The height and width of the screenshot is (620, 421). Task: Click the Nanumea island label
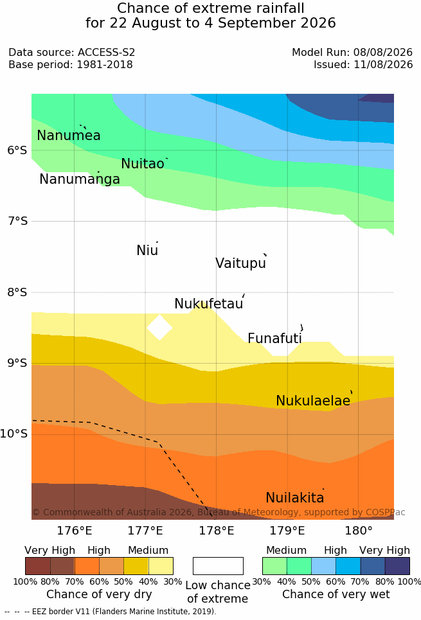click(68, 135)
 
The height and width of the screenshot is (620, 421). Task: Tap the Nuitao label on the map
click(143, 163)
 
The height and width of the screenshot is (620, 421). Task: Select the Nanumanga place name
click(80, 179)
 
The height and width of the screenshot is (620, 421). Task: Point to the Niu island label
click(147, 250)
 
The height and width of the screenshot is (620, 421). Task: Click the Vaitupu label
click(240, 263)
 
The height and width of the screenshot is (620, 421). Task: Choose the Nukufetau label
click(208, 303)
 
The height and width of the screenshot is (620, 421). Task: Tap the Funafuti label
click(274, 338)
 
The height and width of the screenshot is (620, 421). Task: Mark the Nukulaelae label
click(313, 400)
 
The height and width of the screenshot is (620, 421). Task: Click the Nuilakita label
click(295, 497)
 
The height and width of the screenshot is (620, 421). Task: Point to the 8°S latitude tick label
click(17, 292)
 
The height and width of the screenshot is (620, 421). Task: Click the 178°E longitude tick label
click(216, 530)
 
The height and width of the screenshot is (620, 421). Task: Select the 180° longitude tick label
click(359, 530)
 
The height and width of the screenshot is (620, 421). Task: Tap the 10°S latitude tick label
click(14, 434)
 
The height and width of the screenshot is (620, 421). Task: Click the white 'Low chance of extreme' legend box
click(218, 566)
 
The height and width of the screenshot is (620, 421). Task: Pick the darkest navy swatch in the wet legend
click(397, 566)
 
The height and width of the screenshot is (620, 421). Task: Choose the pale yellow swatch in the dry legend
click(161, 566)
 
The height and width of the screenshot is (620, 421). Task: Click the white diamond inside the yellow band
click(159, 327)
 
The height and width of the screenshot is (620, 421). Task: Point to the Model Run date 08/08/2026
click(383, 52)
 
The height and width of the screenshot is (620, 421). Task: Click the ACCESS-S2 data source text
click(107, 52)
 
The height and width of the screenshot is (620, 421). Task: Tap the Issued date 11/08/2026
click(383, 64)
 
